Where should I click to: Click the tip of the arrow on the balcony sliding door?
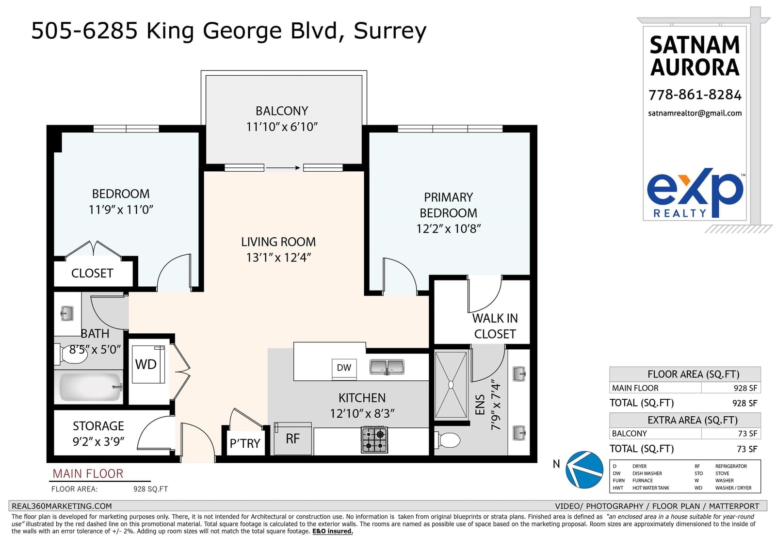(300, 168)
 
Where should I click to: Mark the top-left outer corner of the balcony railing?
(201, 71)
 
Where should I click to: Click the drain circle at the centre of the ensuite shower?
(451, 385)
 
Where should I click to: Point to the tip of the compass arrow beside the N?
(572, 469)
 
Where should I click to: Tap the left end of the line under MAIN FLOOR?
(49, 481)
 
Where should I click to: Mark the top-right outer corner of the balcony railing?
(367, 71)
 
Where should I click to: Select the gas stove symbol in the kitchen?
(374, 440)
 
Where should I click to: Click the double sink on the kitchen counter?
(387, 367)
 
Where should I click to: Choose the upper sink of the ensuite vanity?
(519, 374)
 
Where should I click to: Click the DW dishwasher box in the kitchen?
(344, 368)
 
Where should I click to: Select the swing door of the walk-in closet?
(485, 294)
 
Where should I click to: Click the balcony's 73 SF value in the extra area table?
(747, 434)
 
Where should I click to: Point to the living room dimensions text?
(278, 258)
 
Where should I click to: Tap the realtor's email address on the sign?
(695, 114)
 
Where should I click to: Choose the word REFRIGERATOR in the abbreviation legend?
(731, 466)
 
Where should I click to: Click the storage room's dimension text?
(98, 442)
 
